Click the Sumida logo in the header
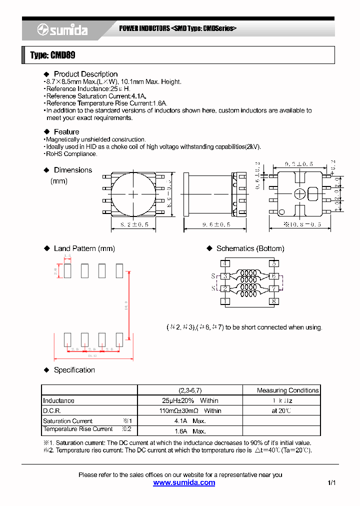coord(62,30)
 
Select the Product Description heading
coord(85,74)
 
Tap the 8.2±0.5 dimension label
coord(133,225)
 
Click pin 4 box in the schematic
coord(225,263)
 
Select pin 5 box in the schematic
coord(273,263)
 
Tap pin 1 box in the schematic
coord(225,301)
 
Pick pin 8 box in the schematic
coord(273,301)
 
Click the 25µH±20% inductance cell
coord(190,400)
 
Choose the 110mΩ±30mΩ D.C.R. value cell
coord(190,410)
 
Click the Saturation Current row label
coord(68,421)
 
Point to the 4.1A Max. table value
coord(190,421)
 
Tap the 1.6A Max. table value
coord(190,431)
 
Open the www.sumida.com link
coord(184,483)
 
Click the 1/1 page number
coord(331,483)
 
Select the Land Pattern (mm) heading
coord(84,248)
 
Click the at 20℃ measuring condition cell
coord(281,410)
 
